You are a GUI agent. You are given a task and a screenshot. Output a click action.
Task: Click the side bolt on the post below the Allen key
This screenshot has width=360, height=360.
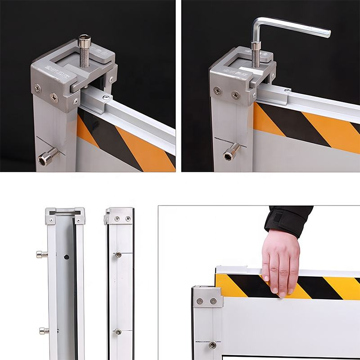click(230, 152)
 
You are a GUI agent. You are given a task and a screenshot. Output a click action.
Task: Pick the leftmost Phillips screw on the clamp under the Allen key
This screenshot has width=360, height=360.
click(218, 91)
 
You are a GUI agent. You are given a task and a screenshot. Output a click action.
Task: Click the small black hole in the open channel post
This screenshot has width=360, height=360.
click(66, 257)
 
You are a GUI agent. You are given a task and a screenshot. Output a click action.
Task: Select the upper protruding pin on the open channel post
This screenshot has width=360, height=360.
click(41, 254)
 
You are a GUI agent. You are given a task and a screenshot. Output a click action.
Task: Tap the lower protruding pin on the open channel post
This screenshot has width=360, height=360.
click(43, 331)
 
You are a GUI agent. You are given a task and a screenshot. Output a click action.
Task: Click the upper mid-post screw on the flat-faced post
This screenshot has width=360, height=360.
click(118, 255)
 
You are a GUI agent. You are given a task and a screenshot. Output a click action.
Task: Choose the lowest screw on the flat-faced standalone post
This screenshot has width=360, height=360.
click(118, 332)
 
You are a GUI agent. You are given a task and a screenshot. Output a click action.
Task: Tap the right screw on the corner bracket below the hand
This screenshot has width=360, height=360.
click(213, 301)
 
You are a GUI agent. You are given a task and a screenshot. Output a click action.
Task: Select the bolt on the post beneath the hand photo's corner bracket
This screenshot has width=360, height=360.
click(212, 345)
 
